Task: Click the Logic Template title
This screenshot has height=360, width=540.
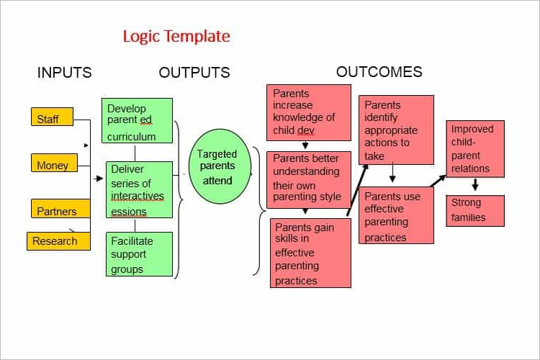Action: (176, 36)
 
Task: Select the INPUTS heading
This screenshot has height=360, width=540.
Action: (64, 72)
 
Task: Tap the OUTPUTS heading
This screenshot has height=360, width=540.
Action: (194, 72)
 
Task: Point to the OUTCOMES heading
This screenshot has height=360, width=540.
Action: (379, 72)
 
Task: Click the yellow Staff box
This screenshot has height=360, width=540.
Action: (52, 117)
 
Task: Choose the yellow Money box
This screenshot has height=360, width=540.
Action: (54, 163)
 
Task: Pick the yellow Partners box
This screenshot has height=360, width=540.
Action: (60, 208)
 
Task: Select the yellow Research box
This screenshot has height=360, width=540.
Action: (58, 240)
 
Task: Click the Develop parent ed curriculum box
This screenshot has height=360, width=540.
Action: (137, 120)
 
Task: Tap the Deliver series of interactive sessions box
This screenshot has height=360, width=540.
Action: (139, 189)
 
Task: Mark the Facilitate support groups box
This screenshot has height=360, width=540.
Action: (139, 254)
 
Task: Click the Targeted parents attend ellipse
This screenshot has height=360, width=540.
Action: (220, 166)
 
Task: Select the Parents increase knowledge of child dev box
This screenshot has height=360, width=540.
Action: (309, 112)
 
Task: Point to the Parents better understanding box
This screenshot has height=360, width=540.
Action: (309, 180)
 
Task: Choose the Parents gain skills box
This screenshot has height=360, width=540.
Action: (310, 253)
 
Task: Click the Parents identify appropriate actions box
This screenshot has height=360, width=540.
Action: (397, 130)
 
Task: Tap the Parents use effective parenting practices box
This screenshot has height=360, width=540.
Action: (397, 215)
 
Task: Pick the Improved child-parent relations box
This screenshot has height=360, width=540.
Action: (475, 149)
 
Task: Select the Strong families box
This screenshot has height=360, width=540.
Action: (475, 211)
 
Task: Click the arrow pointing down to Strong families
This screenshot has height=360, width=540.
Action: (475, 184)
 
